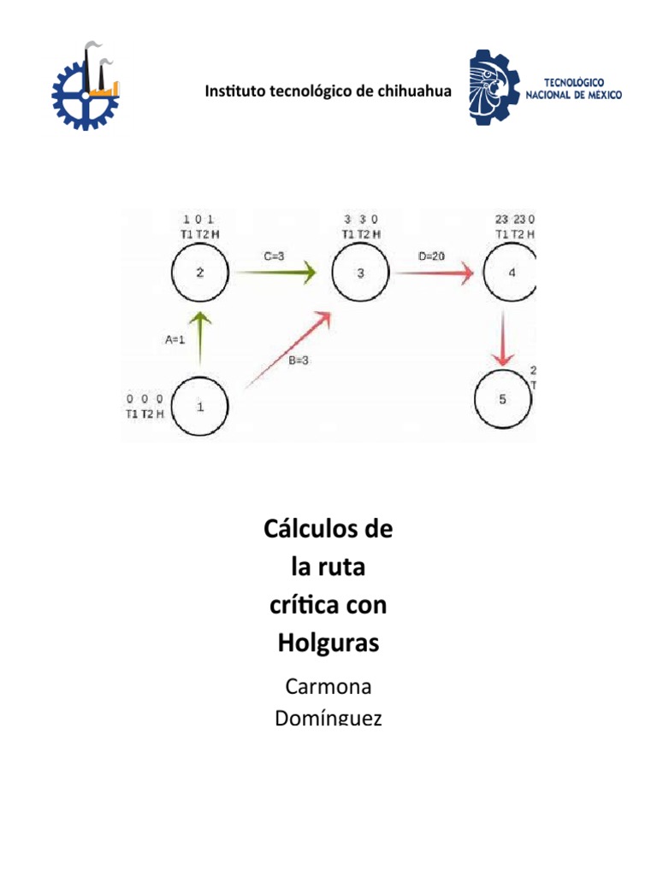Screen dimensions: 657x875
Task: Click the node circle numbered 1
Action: pos(200,407)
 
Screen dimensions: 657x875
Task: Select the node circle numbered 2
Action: pos(200,273)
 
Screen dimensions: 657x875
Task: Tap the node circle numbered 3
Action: pos(361,273)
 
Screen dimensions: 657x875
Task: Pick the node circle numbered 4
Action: pos(511,273)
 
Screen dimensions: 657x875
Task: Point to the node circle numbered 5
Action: pos(503,399)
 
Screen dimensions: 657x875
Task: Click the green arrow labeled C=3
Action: pos(275,273)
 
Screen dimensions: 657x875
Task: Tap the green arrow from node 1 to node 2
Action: pos(200,342)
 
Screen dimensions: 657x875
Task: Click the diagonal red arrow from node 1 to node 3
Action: pos(287,349)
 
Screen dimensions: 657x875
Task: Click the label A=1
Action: pos(175,338)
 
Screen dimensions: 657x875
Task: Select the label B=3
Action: pos(299,361)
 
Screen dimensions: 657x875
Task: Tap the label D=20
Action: pos(431,255)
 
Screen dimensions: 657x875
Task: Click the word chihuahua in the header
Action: pos(413,92)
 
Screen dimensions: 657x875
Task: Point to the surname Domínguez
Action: pos(328,718)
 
